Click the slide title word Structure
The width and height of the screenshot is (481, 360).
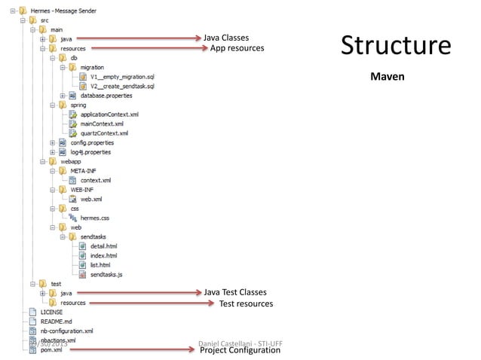click(x=395, y=46)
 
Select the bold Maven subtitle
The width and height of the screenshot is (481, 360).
click(x=388, y=77)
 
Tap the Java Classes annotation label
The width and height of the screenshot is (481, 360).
click(x=226, y=38)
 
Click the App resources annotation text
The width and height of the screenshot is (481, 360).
click(x=237, y=48)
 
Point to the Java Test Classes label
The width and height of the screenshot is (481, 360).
click(x=235, y=292)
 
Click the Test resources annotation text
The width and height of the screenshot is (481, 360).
click(x=245, y=304)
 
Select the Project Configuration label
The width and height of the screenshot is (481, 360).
click(x=240, y=350)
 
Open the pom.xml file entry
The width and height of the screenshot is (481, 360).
click(x=51, y=349)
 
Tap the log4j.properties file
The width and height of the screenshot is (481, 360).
click(x=90, y=152)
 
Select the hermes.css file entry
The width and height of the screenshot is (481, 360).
click(x=95, y=218)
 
